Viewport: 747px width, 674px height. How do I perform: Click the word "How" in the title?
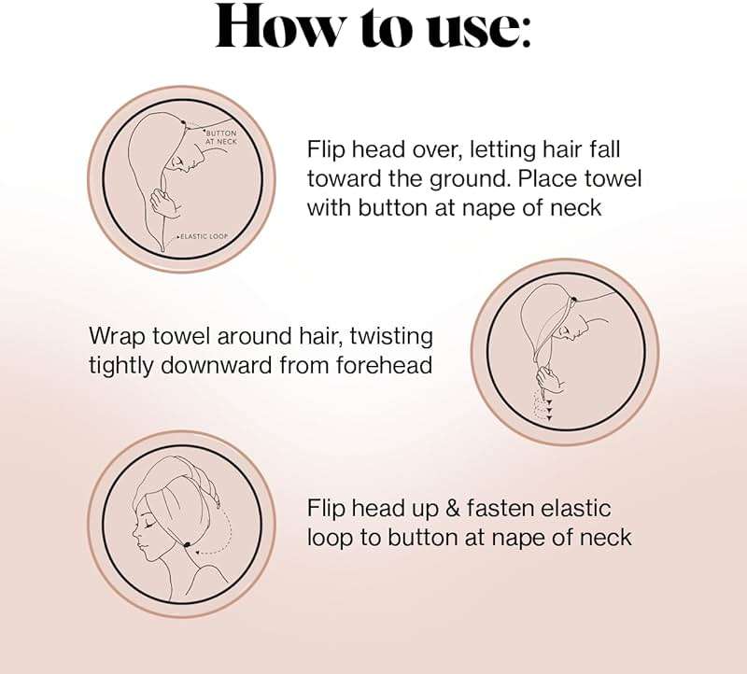279,25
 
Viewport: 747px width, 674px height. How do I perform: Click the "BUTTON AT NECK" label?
220,137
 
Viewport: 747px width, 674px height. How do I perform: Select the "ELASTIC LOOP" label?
204,236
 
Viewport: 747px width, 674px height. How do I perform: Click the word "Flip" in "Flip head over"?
323,149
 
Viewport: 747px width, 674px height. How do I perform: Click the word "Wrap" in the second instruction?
119,337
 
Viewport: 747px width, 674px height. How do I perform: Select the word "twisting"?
391,337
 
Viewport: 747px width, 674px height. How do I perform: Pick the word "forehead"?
384,366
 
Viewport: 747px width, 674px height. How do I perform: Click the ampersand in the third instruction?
453,508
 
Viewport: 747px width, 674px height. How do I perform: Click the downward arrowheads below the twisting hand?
549,410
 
